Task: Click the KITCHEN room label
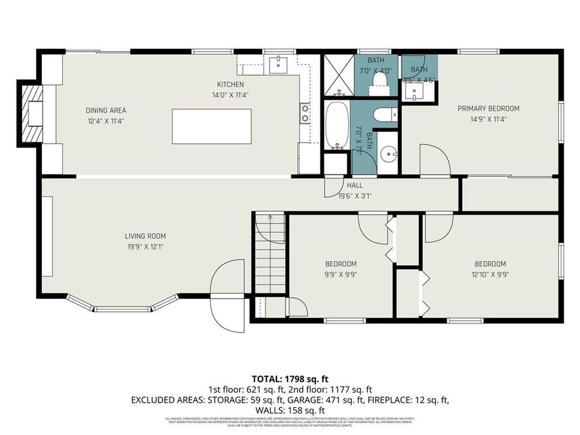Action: [230, 84]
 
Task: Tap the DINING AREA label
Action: [106, 110]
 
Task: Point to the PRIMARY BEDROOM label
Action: [488, 108]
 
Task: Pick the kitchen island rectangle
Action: [211, 126]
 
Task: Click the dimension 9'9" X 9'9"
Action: [340, 274]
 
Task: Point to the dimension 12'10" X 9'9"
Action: [490, 274]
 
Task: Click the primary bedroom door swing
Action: [434, 159]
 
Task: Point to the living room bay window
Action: [122, 305]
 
